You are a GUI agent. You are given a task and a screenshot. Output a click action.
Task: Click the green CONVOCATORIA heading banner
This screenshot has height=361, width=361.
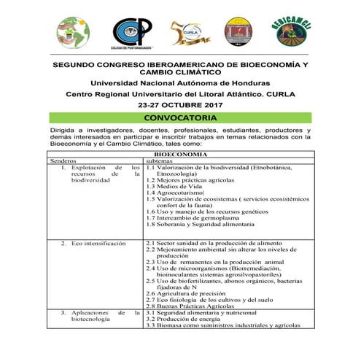pos(179,117)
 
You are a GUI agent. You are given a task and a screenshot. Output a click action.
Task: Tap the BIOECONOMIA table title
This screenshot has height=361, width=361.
pos(182,153)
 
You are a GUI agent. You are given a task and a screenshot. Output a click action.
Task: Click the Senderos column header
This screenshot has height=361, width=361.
pos(63,160)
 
